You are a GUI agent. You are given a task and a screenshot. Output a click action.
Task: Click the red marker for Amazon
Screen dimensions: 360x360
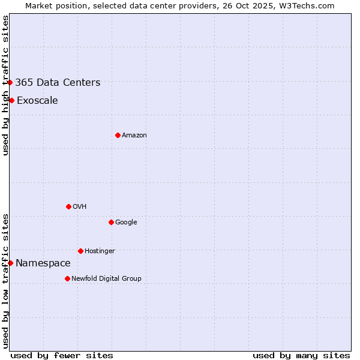pos(118,135)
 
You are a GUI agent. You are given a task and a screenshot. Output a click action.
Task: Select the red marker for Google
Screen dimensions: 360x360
pos(111,222)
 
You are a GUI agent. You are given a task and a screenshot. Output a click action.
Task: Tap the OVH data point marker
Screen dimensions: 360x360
pos(68,206)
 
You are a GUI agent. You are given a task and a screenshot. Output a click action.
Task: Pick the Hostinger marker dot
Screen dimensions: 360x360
pos(80,251)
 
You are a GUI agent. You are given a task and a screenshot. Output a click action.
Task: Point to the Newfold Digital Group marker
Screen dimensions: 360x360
pos(67,278)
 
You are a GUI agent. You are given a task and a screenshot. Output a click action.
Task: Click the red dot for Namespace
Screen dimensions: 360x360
pos(10,263)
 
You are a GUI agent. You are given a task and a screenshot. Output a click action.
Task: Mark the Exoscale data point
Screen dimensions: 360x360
pos(11,100)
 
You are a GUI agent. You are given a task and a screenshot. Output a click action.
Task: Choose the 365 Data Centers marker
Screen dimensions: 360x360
pos(10,82)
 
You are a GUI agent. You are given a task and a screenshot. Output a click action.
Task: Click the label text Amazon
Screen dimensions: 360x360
pos(134,136)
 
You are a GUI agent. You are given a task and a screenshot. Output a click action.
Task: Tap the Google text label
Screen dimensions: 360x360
pos(126,223)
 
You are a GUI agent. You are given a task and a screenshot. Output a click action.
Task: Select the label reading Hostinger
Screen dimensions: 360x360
pos(100,251)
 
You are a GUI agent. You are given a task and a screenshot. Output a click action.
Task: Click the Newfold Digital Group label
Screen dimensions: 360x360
pos(106,279)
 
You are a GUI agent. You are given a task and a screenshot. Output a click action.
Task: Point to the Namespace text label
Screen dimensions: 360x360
pos(43,263)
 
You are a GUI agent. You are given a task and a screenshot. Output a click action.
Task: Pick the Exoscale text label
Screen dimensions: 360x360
pos(37,101)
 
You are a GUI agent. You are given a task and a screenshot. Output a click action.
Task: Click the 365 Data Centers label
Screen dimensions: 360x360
pos(58,83)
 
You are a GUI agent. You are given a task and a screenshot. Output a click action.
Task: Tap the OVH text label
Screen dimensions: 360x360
pos(80,207)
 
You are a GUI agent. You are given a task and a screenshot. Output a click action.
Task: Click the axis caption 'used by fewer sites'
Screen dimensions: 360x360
pos(62,355)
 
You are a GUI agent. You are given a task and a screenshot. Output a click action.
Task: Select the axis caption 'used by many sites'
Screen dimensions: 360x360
pos(301,355)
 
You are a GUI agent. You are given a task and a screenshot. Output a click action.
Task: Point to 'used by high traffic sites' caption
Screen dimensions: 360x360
pos(5,85)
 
